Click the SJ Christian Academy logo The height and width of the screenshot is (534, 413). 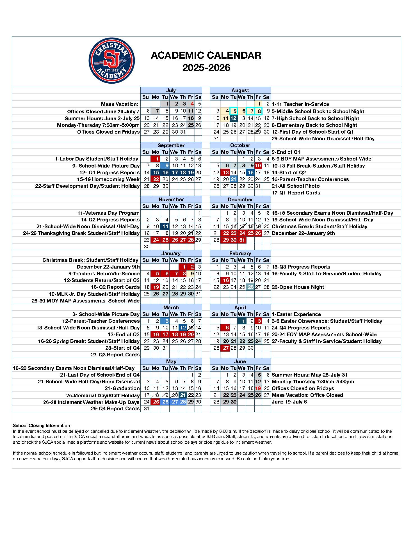pos(112,61)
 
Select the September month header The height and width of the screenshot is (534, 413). pos(171,145)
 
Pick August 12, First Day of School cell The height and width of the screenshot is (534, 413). pos(233,118)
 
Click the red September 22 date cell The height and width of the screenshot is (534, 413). pos(156,179)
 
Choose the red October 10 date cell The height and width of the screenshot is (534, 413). pos(258,166)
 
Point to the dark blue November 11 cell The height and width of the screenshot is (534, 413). pos(165,226)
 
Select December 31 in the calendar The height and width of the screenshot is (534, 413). pos(242,240)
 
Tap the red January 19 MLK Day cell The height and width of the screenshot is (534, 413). pos(156,287)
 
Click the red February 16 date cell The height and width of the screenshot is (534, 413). pos(225,280)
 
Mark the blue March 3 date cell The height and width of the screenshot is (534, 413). pos(166,321)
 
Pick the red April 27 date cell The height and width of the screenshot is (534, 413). pos(225,348)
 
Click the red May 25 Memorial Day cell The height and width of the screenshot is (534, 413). pos(156,402)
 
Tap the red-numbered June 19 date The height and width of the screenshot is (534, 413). pos(258,388)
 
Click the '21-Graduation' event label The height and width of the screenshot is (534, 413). pos(122,388)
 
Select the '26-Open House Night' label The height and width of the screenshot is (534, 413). pos(298,287)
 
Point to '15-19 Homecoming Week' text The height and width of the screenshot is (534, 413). pos(108,179)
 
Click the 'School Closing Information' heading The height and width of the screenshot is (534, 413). pos(42,426)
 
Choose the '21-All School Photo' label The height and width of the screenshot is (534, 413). pos(295,186)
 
